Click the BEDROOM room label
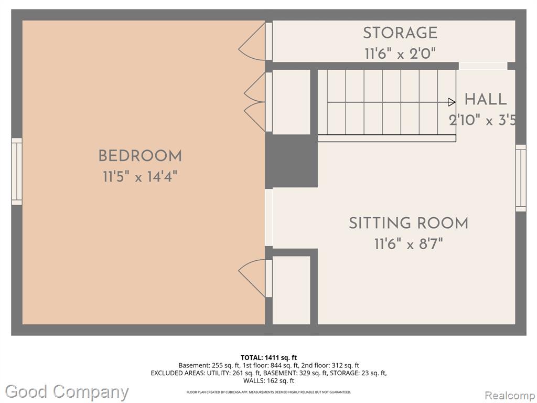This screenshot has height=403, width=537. point(140,156)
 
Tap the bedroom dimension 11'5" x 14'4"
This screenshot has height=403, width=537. point(140,177)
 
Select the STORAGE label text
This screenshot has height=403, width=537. point(400,33)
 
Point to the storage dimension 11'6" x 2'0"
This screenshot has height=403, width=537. point(400,54)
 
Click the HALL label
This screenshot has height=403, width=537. point(485,99)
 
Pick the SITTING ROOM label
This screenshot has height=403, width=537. point(408,223)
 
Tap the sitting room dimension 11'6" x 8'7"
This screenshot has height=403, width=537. point(408,244)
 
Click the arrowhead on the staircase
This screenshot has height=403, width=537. point(452,102)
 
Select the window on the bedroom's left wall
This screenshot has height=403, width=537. point(17,172)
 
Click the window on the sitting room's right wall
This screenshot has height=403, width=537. point(521,178)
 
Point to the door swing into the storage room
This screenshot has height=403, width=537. point(252,41)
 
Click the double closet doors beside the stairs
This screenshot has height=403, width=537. point(255,102)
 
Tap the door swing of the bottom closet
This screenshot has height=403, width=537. point(252,278)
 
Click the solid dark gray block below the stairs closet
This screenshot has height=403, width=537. point(292,161)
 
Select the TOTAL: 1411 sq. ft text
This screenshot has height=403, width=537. point(268,358)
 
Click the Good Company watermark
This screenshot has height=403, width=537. point(67,391)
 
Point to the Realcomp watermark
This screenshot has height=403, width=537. point(510,395)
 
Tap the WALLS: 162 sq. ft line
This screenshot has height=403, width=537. point(268,380)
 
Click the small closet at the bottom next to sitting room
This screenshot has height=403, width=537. point(292,290)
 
